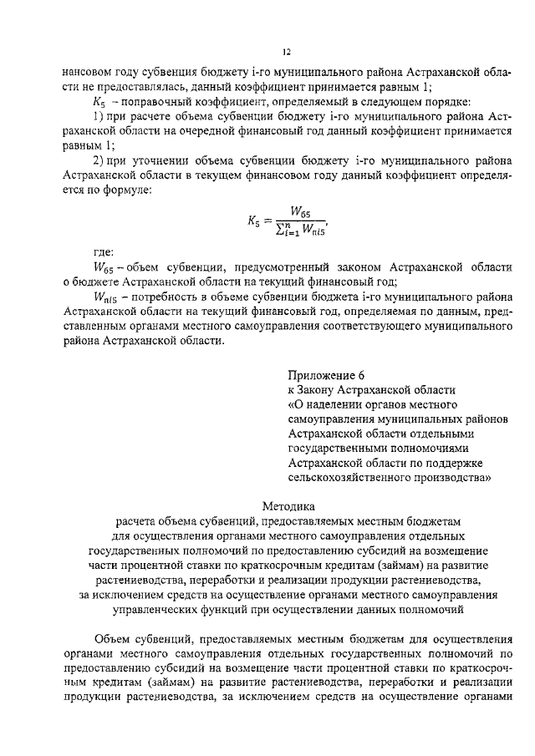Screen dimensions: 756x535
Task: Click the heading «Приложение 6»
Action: point(326,374)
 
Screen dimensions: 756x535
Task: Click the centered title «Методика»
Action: point(288,505)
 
